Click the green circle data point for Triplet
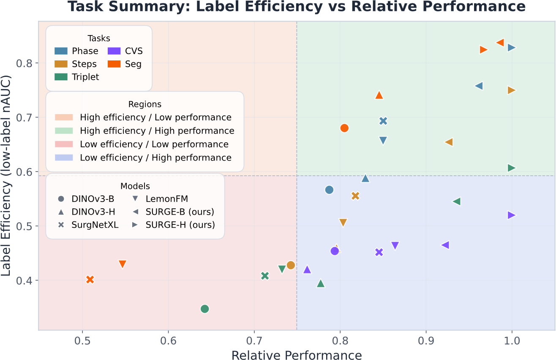pos(204,309)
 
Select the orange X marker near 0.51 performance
pos(90,280)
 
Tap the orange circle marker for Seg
pos(344,128)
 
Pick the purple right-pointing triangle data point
pos(511,215)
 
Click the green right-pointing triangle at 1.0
pos(511,168)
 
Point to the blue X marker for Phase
pos(383,121)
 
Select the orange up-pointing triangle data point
pos(379,95)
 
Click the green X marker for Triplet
pos(265,276)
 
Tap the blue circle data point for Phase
pos(329,190)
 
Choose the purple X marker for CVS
pos(379,252)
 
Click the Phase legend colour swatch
pos(61,51)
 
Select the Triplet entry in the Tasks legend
pos(77,77)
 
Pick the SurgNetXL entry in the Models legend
pos(88,225)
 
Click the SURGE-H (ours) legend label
pos(180,225)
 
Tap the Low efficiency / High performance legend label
pos(155,158)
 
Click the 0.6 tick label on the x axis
pos(168,341)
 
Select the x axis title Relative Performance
pos(297,355)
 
